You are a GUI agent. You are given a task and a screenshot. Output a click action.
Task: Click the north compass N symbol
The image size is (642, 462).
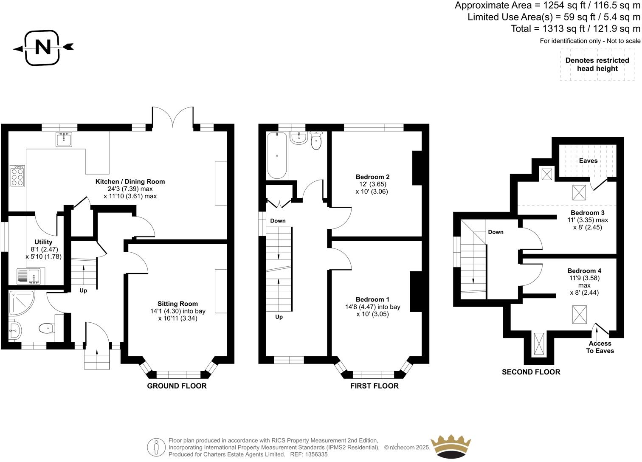(42, 47)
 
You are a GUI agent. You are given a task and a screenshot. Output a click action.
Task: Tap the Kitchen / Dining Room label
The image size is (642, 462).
(130, 181)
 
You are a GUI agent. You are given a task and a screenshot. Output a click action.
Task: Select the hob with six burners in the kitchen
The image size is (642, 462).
(17, 175)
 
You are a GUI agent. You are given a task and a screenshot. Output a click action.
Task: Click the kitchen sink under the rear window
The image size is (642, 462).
(64, 139)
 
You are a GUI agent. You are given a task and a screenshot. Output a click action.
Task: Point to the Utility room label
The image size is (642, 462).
(43, 242)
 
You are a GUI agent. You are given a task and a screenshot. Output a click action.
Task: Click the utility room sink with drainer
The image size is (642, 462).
(28, 276)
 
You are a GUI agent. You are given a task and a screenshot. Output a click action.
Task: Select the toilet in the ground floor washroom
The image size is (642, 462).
(47, 328)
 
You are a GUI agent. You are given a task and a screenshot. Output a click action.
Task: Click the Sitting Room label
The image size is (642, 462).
(177, 304)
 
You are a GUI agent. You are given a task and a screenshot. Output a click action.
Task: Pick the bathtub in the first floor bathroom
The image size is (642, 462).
(277, 156)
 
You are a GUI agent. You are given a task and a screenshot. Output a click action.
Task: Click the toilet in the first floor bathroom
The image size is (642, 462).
(316, 141)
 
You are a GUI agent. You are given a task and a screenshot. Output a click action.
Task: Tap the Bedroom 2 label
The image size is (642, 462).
(372, 177)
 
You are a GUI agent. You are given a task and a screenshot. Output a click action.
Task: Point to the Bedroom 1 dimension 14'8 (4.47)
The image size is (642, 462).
(373, 307)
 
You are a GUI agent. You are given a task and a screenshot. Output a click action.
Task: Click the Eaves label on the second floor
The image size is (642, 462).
(588, 161)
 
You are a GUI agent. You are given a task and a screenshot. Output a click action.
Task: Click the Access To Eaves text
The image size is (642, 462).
(600, 347)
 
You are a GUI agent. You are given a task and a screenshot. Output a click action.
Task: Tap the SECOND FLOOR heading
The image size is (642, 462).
(531, 372)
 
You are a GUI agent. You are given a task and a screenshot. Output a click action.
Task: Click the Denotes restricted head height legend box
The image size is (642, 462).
(597, 65)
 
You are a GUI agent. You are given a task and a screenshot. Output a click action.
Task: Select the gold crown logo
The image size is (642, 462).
(451, 446)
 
